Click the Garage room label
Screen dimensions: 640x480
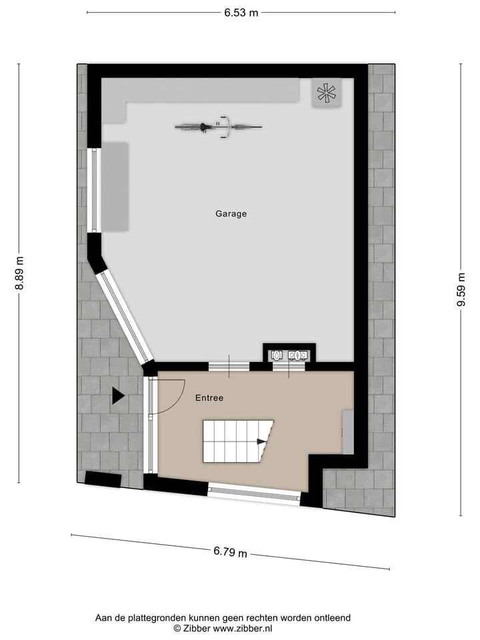coord(231,214)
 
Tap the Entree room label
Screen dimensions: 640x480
coord(209,398)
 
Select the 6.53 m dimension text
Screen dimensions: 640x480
coord(241,12)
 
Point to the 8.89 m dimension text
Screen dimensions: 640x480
coord(19,273)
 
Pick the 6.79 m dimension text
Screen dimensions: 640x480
coord(230,552)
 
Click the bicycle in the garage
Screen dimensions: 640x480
coord(219,126)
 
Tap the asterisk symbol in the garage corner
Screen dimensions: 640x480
coord(327,93)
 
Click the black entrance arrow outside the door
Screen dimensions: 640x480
coord(118,396)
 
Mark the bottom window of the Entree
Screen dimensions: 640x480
coord(254,492)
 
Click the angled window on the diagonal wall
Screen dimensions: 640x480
coord(124,315)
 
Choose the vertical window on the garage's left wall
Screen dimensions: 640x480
coord(94,189)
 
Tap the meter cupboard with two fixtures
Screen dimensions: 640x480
coord(289,355)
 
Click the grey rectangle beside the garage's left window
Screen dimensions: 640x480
coord(115,187)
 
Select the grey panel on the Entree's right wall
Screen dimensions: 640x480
coord(347,432)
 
